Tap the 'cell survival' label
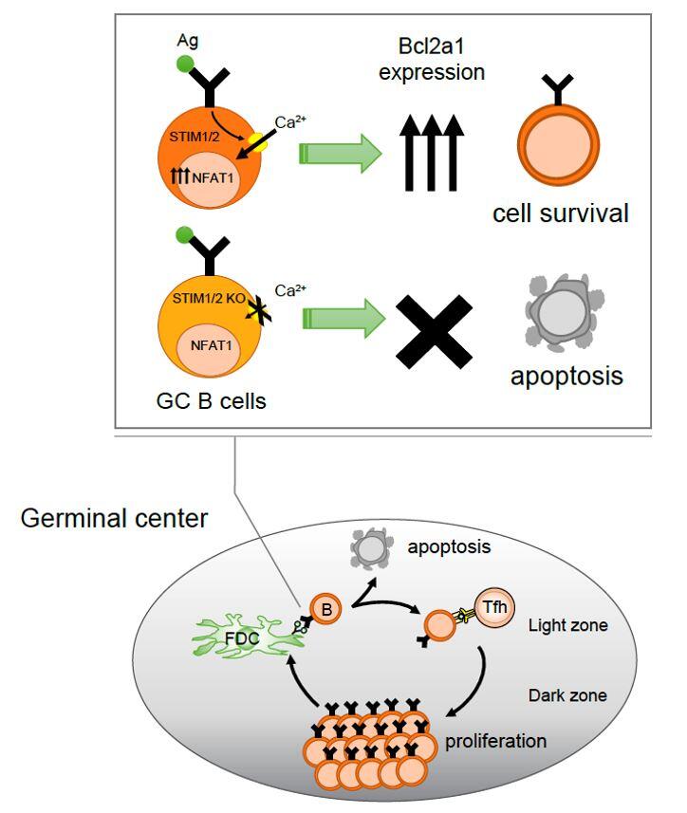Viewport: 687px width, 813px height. pos(560,213)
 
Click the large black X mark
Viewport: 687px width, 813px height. pos(433,325)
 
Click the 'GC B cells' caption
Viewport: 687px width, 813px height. pos(212,399)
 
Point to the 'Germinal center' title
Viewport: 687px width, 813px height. pos(114,519)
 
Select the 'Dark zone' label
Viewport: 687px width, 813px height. pos(566,695)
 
